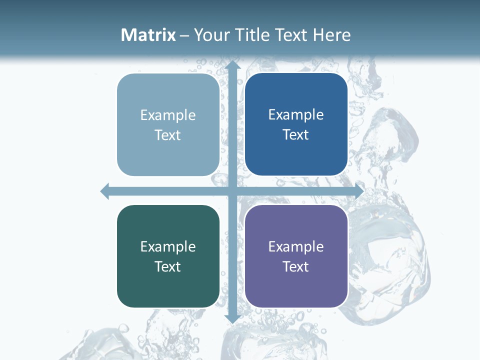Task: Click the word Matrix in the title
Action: [148, 35]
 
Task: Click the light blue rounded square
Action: [168, 125]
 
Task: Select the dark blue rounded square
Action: [296, 124]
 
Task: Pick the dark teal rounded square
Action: [168, 256]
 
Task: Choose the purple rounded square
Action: [296, 256]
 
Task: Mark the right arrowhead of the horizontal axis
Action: [358, 191]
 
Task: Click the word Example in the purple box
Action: [296, 246]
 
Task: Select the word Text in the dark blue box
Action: [296, 135]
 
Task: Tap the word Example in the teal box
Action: [168, 246]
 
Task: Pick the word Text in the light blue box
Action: [168, 135]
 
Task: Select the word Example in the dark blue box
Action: [296, 115]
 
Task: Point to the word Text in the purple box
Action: [296, 266]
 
